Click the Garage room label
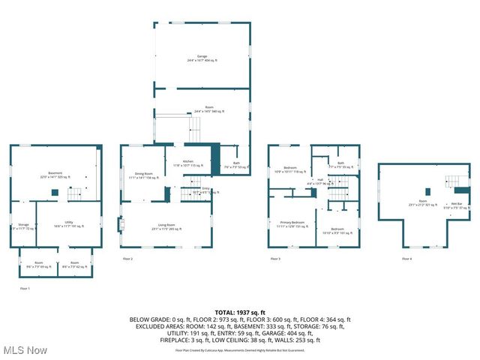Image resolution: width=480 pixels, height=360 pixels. (x=202, y=58)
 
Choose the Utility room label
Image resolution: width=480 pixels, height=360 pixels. (x=68, y=223)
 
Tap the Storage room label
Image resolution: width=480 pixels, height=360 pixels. (x=24, y=226)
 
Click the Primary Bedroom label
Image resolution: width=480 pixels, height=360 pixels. (x=292, y=224)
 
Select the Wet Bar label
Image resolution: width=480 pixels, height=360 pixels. (x=456, y=204)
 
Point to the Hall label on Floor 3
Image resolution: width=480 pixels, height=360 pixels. (x=320, y=181)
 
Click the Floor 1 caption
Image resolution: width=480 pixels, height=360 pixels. (x=25, y=287)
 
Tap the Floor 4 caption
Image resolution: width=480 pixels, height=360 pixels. (x=406, y=259)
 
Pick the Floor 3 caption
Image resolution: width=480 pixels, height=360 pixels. (x=276, y=259)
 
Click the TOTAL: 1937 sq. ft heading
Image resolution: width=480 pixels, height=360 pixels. (x=240, y=311)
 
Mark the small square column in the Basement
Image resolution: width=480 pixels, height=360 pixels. (x=54, y=192)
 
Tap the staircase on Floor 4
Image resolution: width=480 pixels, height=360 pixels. (x=456, y=181)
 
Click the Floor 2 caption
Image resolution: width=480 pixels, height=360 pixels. (x=127, y=259)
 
